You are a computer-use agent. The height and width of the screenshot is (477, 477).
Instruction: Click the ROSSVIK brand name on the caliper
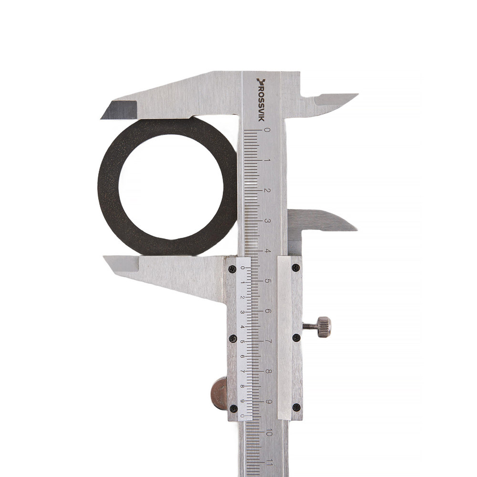[x=261, y=100]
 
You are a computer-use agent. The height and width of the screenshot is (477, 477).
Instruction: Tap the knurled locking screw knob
[x=324, y=327]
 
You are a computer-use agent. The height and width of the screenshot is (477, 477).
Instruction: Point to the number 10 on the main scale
[x=268, y=433]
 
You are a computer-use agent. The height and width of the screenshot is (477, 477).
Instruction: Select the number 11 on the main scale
[x=268, y=463]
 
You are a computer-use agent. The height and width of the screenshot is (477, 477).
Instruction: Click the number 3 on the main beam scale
[x=268, y=220]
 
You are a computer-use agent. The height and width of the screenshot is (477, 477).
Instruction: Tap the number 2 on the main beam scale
[x=268, y=190]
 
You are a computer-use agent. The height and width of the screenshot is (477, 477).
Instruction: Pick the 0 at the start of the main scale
[x=268, y=130]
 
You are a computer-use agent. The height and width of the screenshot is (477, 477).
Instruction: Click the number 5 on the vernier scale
[x=242, y=342]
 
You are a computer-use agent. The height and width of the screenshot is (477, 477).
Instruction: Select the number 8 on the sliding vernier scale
[x=242, y=386]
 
